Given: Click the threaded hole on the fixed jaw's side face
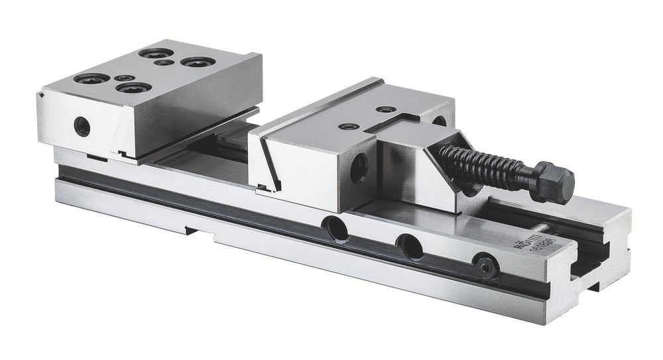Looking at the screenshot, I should tap(82, 125).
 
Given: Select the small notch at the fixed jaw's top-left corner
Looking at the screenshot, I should tap(42, 97).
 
